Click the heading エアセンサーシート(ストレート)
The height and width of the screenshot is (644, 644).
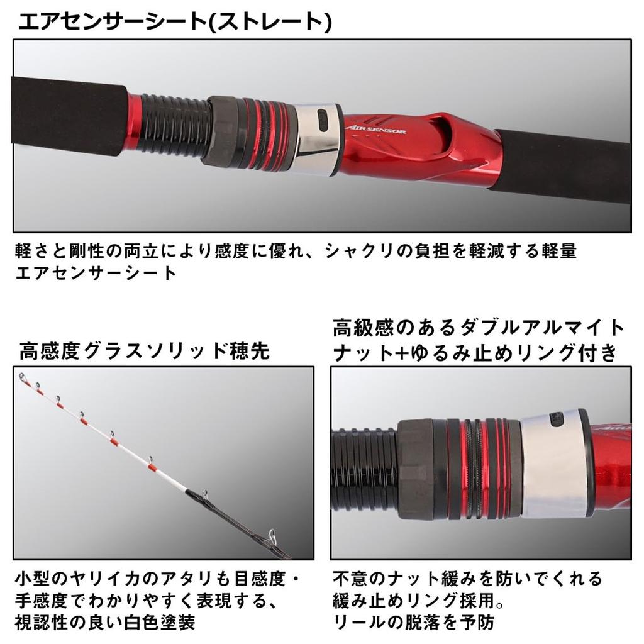pos(175,23)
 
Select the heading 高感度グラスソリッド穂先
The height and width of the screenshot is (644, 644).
pos(145,351)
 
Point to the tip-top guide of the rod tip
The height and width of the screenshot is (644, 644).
pos(23,378)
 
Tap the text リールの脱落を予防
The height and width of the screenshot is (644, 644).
pos(414,623)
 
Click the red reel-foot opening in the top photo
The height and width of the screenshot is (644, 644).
pos(454,135)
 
